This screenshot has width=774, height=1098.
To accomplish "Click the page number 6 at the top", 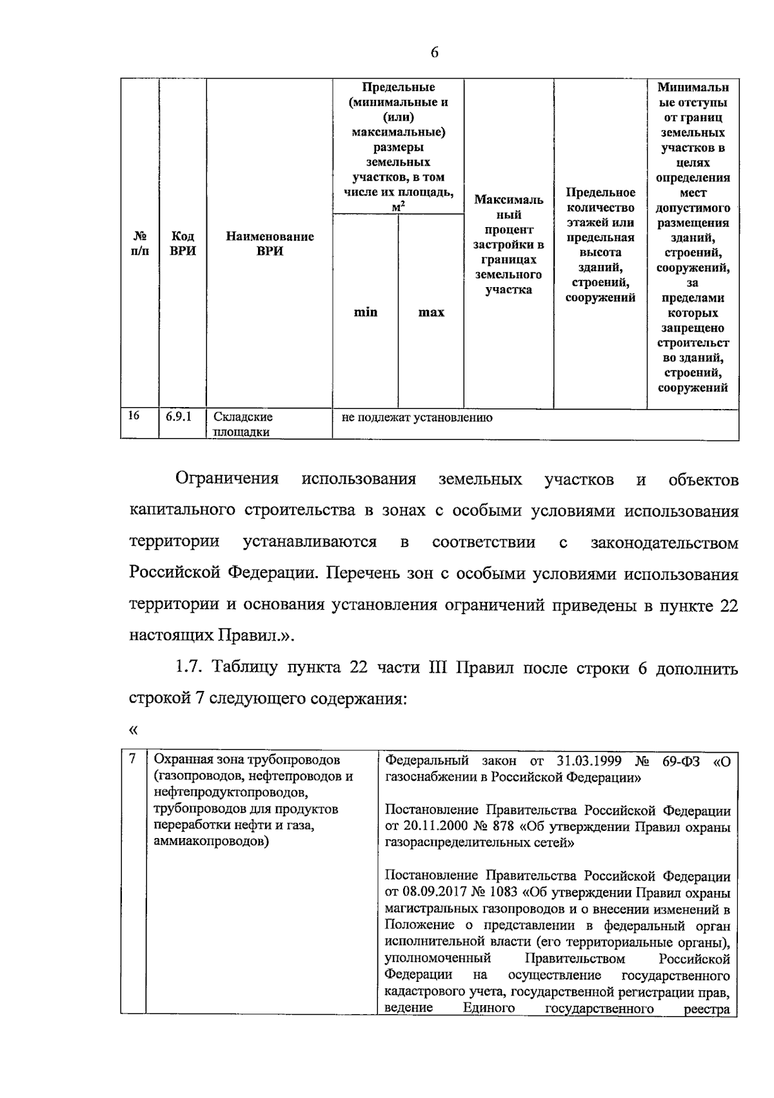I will click(434, 53).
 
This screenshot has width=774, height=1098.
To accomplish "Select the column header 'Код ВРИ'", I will click(183, 244).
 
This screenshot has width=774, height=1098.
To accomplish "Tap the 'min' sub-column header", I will click(365, 312).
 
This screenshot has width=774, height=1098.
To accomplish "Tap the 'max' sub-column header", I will click(431, 312).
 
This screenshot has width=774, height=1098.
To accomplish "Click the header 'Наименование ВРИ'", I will click(270, 244).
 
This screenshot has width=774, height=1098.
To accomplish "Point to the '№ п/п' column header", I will click(139, 244).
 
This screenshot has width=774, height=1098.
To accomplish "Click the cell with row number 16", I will click(134, 416).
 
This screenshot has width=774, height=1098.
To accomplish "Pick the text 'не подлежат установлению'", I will click(417, 417).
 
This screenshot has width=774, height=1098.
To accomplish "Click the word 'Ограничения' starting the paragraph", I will click(227, 479).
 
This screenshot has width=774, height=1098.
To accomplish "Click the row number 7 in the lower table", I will click(132, 759).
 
